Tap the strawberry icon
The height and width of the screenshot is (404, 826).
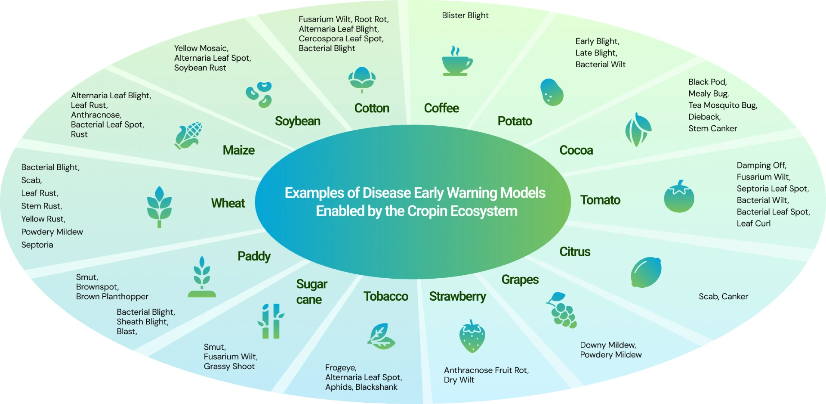tap(472, 336)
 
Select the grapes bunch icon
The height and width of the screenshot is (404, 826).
tap(561, 310)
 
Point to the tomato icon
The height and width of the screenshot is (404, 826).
tap(679, 196)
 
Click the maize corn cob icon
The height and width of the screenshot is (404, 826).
tap(188, 136)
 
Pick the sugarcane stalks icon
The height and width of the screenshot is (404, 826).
tap(271, 321)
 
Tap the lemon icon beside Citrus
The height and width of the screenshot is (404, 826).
tap(646, 272)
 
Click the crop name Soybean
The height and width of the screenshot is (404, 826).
tap(298, 121)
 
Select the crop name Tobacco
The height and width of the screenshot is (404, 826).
tap(385, 296)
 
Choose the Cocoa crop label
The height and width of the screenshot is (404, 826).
tap(576, 150)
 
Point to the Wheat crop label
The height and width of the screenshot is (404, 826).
tap(228, 203)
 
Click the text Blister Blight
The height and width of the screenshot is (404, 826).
tap(465, 16)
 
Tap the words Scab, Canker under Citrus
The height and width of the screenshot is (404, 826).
tap(723, 296)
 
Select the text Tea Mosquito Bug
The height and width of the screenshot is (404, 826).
tap(722, 106)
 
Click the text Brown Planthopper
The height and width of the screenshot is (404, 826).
tap(112, 297)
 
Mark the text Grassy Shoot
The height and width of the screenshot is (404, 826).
tap(229, 367)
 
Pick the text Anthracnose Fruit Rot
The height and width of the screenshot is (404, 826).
tap(486, 370)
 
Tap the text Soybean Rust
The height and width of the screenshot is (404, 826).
tap(200, 68)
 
